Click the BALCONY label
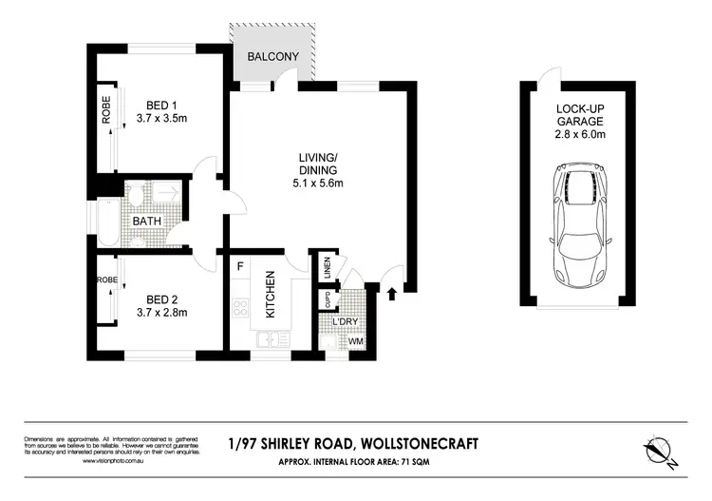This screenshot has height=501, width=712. tap(273, 57)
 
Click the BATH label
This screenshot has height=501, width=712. tap(147, 221)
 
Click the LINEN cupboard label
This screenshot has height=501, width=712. tap(326, 268)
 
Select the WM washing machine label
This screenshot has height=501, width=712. tap(355, 340)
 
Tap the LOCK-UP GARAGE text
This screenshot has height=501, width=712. tap(578, 115)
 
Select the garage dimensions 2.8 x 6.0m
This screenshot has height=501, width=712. tap(578, 135)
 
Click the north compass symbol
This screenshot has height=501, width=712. tap(659, 449)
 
